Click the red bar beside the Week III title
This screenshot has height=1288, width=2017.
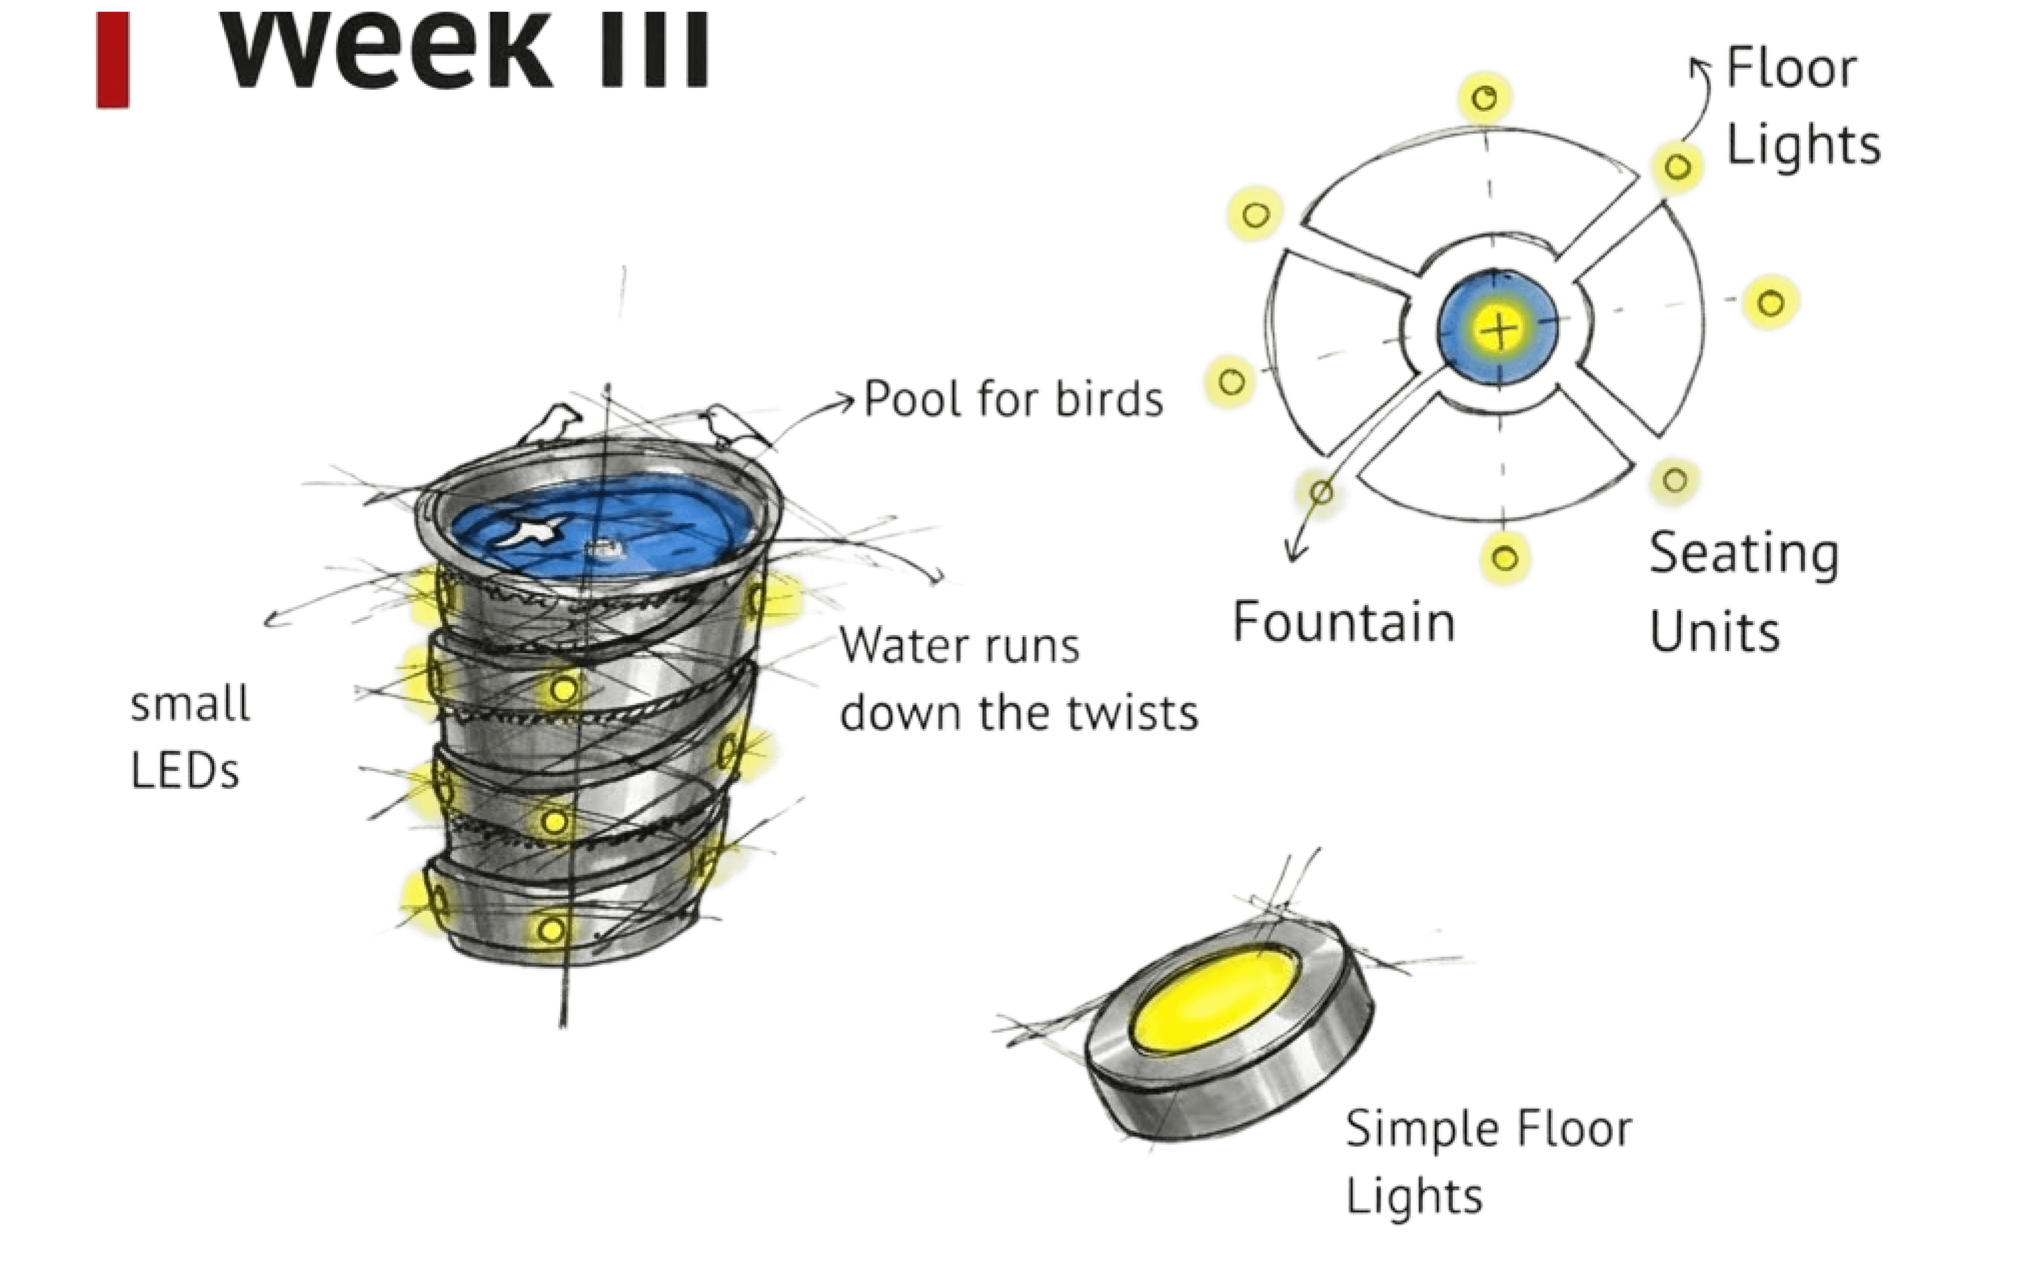(113, 59)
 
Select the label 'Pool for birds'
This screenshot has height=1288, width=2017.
(1013, 398)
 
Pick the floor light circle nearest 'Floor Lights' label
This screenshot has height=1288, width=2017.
(1676, 167)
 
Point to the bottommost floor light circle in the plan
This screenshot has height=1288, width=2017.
(1505, 558)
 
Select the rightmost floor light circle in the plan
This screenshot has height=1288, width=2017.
(1770, 302)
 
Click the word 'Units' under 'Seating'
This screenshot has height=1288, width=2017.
(1714, 632)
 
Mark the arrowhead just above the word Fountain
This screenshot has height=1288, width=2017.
(1295, 553)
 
